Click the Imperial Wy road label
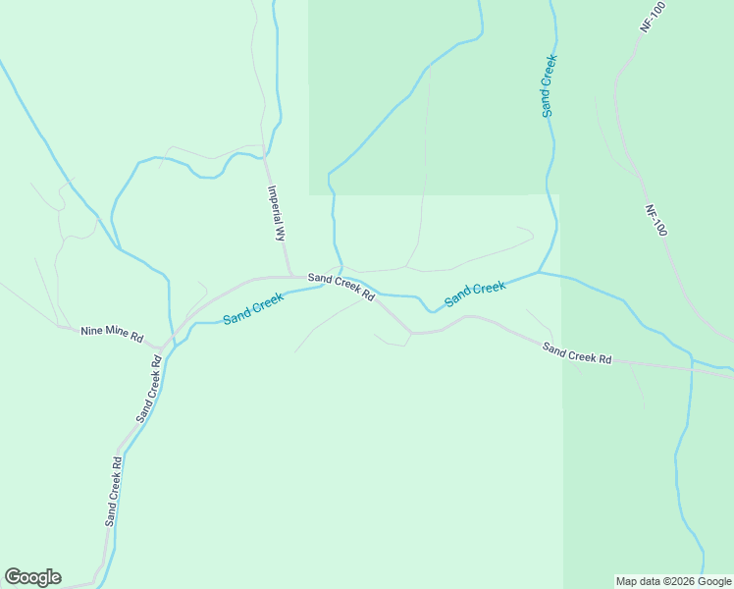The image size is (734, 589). coord(277,213)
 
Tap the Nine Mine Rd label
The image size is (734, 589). coord(112,335)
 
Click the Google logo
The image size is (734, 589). coord(32,577)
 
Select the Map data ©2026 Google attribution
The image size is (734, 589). coord(673,581)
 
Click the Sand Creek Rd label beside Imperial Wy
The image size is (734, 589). coord(341,287)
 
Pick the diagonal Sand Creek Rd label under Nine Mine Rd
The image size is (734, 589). coord(149,390)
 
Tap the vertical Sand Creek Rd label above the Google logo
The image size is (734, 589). coord(113,491)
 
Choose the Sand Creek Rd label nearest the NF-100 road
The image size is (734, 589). coord(577,353)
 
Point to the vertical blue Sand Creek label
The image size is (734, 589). coord(549,86)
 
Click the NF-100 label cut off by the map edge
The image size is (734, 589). coord(653,18)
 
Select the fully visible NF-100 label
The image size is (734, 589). coord(655,220)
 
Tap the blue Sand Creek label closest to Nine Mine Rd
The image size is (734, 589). coord(253,310)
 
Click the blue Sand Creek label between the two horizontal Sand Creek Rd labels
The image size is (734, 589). coord(476,293)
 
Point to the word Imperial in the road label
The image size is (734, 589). coord(275,204)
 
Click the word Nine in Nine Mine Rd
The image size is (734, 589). coord(91,331)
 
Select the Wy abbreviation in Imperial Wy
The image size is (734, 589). coord(280,234)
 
